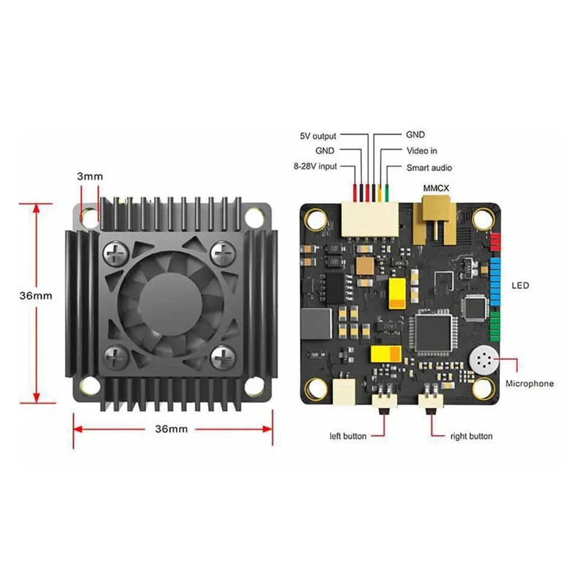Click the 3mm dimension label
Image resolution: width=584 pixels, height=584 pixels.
90,176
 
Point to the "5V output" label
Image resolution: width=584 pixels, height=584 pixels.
319,136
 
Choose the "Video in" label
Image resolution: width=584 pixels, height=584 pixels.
421,151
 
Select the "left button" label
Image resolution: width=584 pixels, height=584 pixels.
348,436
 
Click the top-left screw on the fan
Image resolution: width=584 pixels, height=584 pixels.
118,253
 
